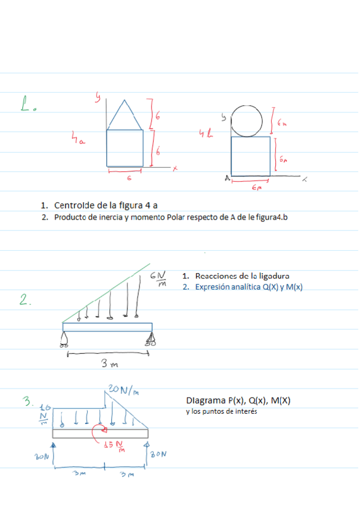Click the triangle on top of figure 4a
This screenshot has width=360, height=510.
125,118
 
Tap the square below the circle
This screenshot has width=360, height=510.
250,156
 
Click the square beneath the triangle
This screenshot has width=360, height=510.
125,148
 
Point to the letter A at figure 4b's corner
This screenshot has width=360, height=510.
228,177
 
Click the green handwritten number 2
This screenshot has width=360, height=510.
25,301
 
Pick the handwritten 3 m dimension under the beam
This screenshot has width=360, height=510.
109,364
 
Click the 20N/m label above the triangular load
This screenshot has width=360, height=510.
124,390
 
